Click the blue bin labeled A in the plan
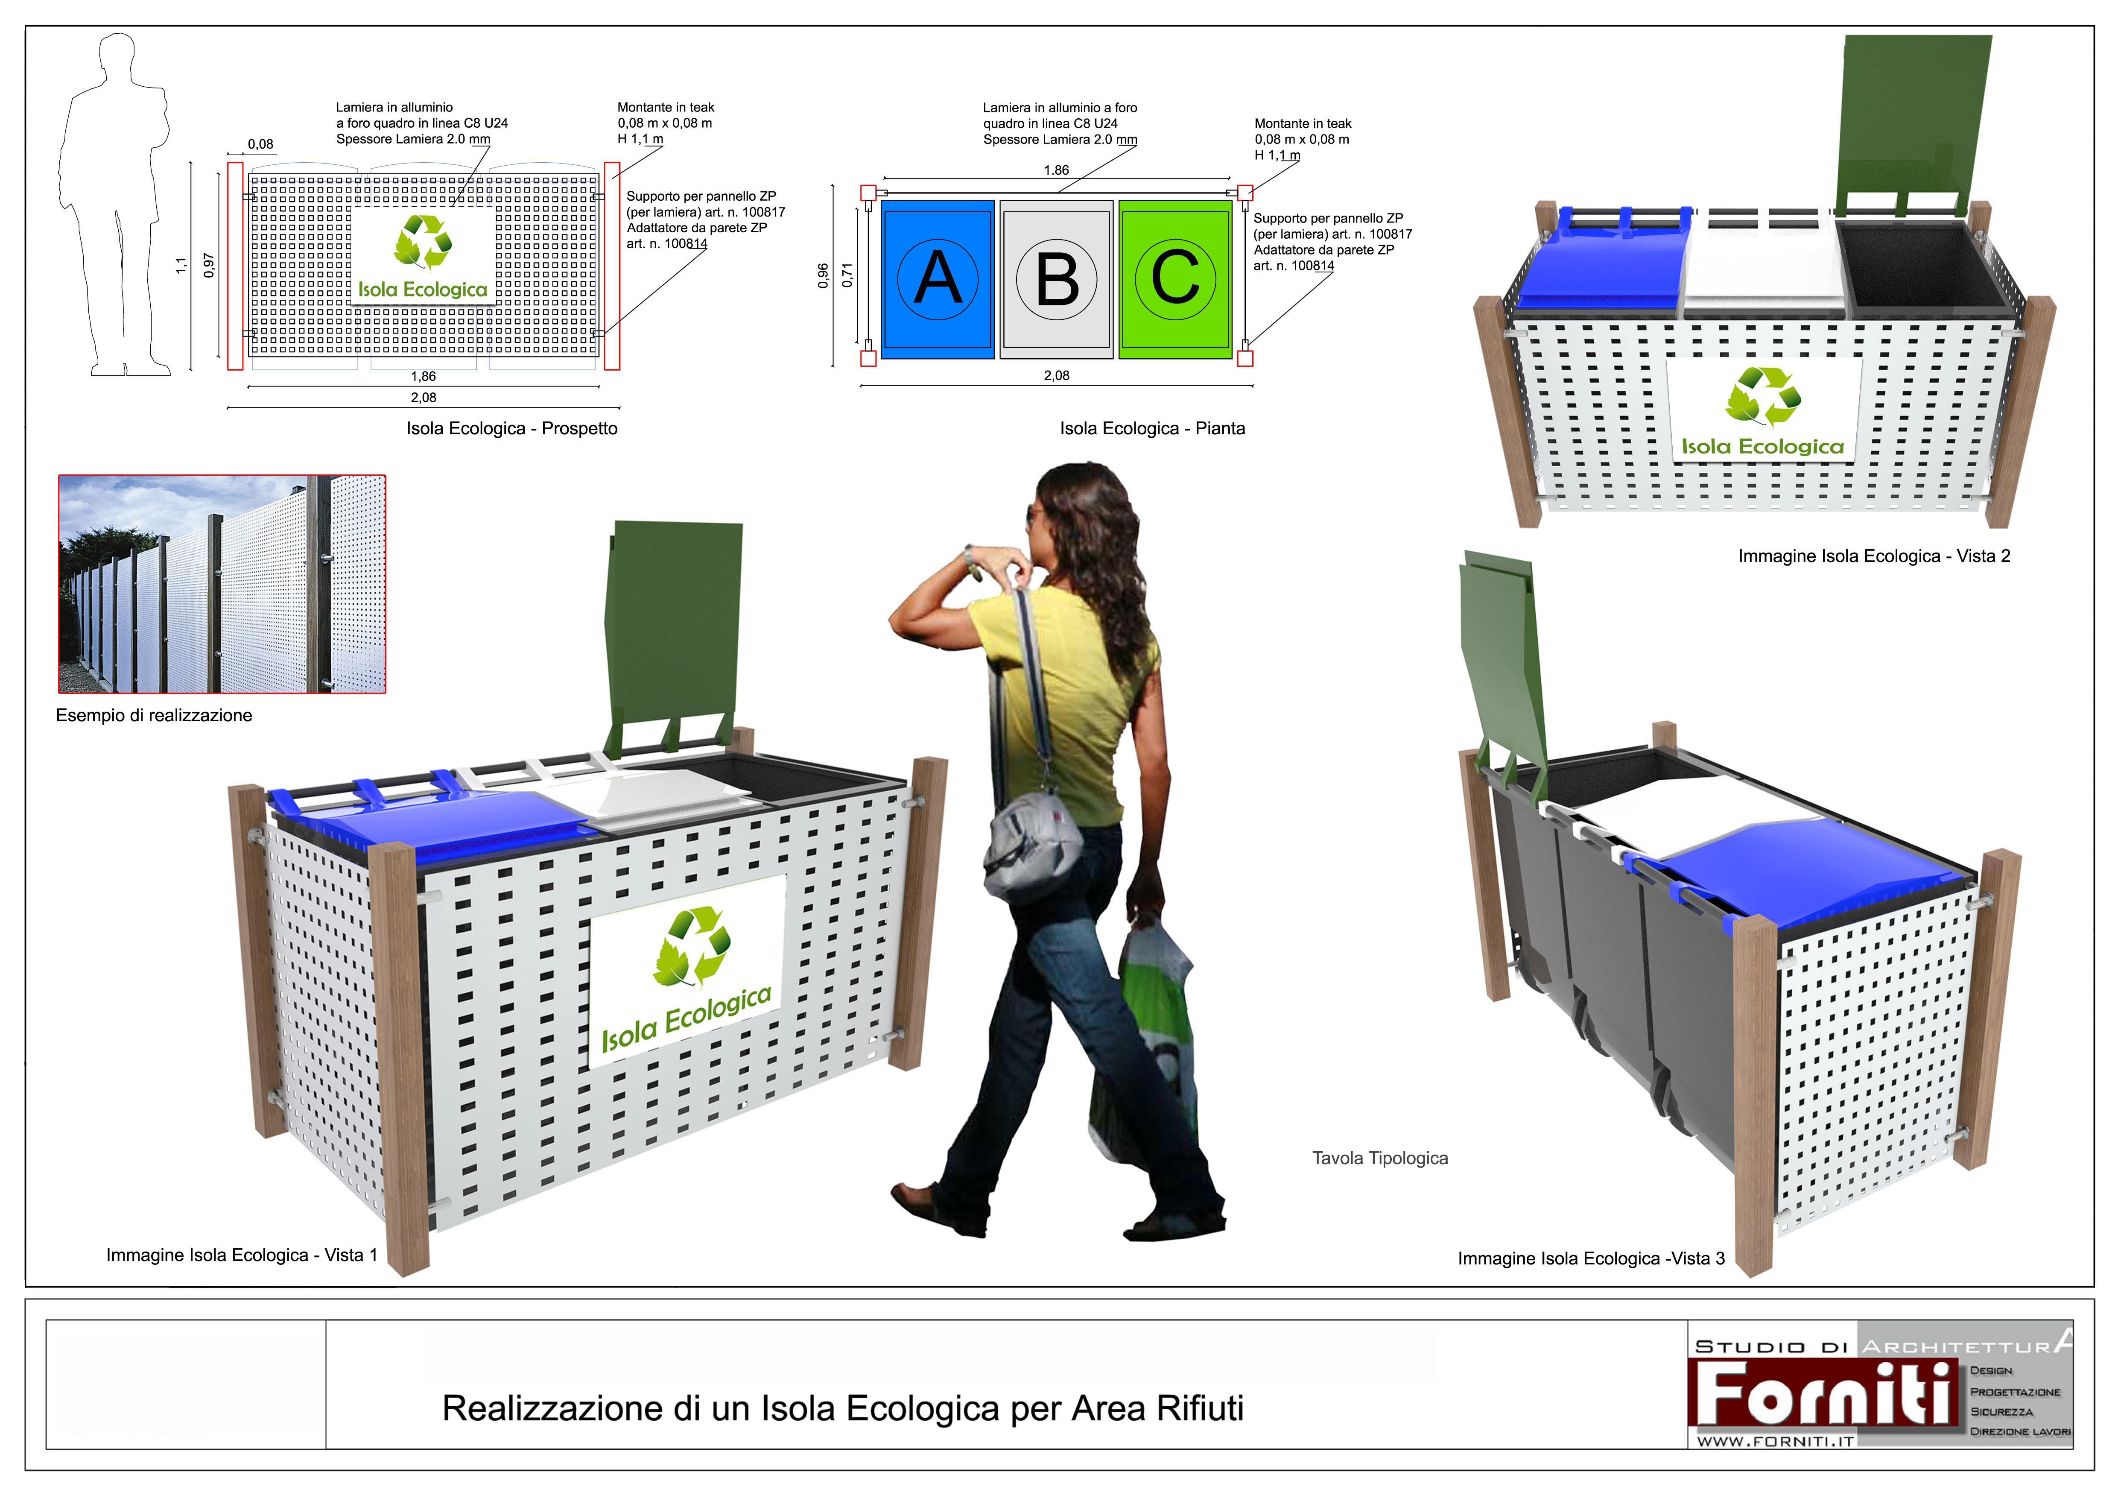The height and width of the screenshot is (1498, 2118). point(937,278)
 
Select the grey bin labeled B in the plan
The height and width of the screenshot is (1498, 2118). point(1056,278)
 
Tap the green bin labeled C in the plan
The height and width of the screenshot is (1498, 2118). point(1175,278)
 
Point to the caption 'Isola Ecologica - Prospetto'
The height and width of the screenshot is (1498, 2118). point(512,428)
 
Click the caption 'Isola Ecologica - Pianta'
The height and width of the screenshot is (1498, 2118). point(1152,428)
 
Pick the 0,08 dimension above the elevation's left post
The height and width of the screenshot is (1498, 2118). point(260,144)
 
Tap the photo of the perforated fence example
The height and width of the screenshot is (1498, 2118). point(222,584)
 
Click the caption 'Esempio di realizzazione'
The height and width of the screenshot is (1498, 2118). point(154,715)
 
